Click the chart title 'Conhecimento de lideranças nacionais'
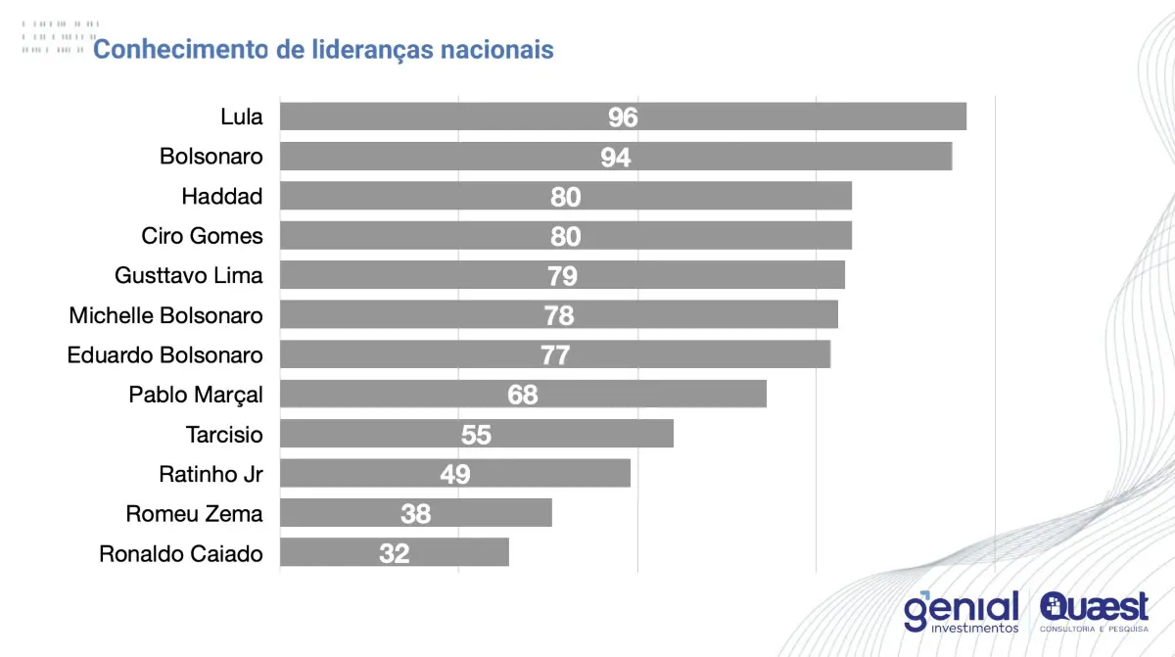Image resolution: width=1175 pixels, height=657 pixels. point(323,49)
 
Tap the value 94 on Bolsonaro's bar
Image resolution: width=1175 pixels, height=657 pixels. point(616,157)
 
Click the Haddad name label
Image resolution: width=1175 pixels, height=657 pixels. point(222,196)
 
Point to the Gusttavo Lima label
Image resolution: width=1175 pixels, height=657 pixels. point(189,275)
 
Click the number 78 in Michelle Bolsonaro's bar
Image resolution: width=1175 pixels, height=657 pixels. point(559,315)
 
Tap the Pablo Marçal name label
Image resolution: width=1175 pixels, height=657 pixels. point(196,395)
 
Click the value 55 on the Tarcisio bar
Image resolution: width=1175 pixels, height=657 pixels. point(476,434)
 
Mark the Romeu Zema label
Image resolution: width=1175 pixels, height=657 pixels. point(195,513)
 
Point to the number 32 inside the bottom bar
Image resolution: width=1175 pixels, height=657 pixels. point(395,553)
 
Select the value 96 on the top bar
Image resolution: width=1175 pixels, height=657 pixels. point(623,117)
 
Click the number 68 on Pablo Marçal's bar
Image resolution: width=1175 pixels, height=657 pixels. point(523,395)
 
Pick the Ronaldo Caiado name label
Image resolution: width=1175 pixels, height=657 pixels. point(181,553)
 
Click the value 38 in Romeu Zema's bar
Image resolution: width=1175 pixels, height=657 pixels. point(415,513)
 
